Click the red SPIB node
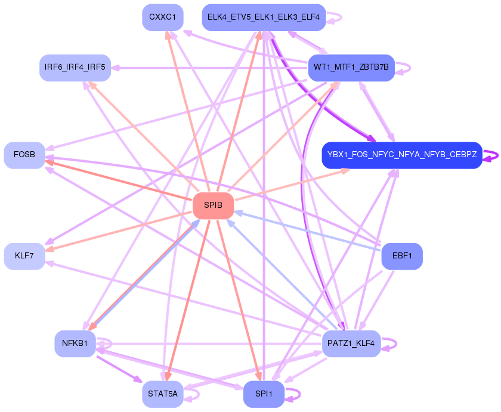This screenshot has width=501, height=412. coord(213,205)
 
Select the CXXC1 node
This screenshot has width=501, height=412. coord(162,17)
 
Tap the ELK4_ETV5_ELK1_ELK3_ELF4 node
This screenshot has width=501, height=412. coord(264,17)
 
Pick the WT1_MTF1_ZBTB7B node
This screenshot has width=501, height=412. coord(351,68)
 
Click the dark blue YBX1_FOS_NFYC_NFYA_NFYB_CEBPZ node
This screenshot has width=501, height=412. coord(401,155)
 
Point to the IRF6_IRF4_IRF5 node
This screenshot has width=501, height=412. coord(75,67)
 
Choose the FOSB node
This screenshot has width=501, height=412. coord(24,155)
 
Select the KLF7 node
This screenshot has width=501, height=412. coord(24,256)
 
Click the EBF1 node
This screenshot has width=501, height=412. coord(401,256)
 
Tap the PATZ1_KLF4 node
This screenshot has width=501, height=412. coord(351,344)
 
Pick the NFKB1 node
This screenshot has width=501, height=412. coord(75,344)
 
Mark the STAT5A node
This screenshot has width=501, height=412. coord(162,394)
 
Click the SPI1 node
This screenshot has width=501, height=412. coord(264,394)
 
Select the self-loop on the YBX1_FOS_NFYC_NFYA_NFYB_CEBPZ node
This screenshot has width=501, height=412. coord(491,155)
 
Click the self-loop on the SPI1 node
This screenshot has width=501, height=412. coord(293,394)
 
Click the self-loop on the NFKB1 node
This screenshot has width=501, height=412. coord(106,344)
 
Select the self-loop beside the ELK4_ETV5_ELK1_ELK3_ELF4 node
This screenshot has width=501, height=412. coord(335,17)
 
